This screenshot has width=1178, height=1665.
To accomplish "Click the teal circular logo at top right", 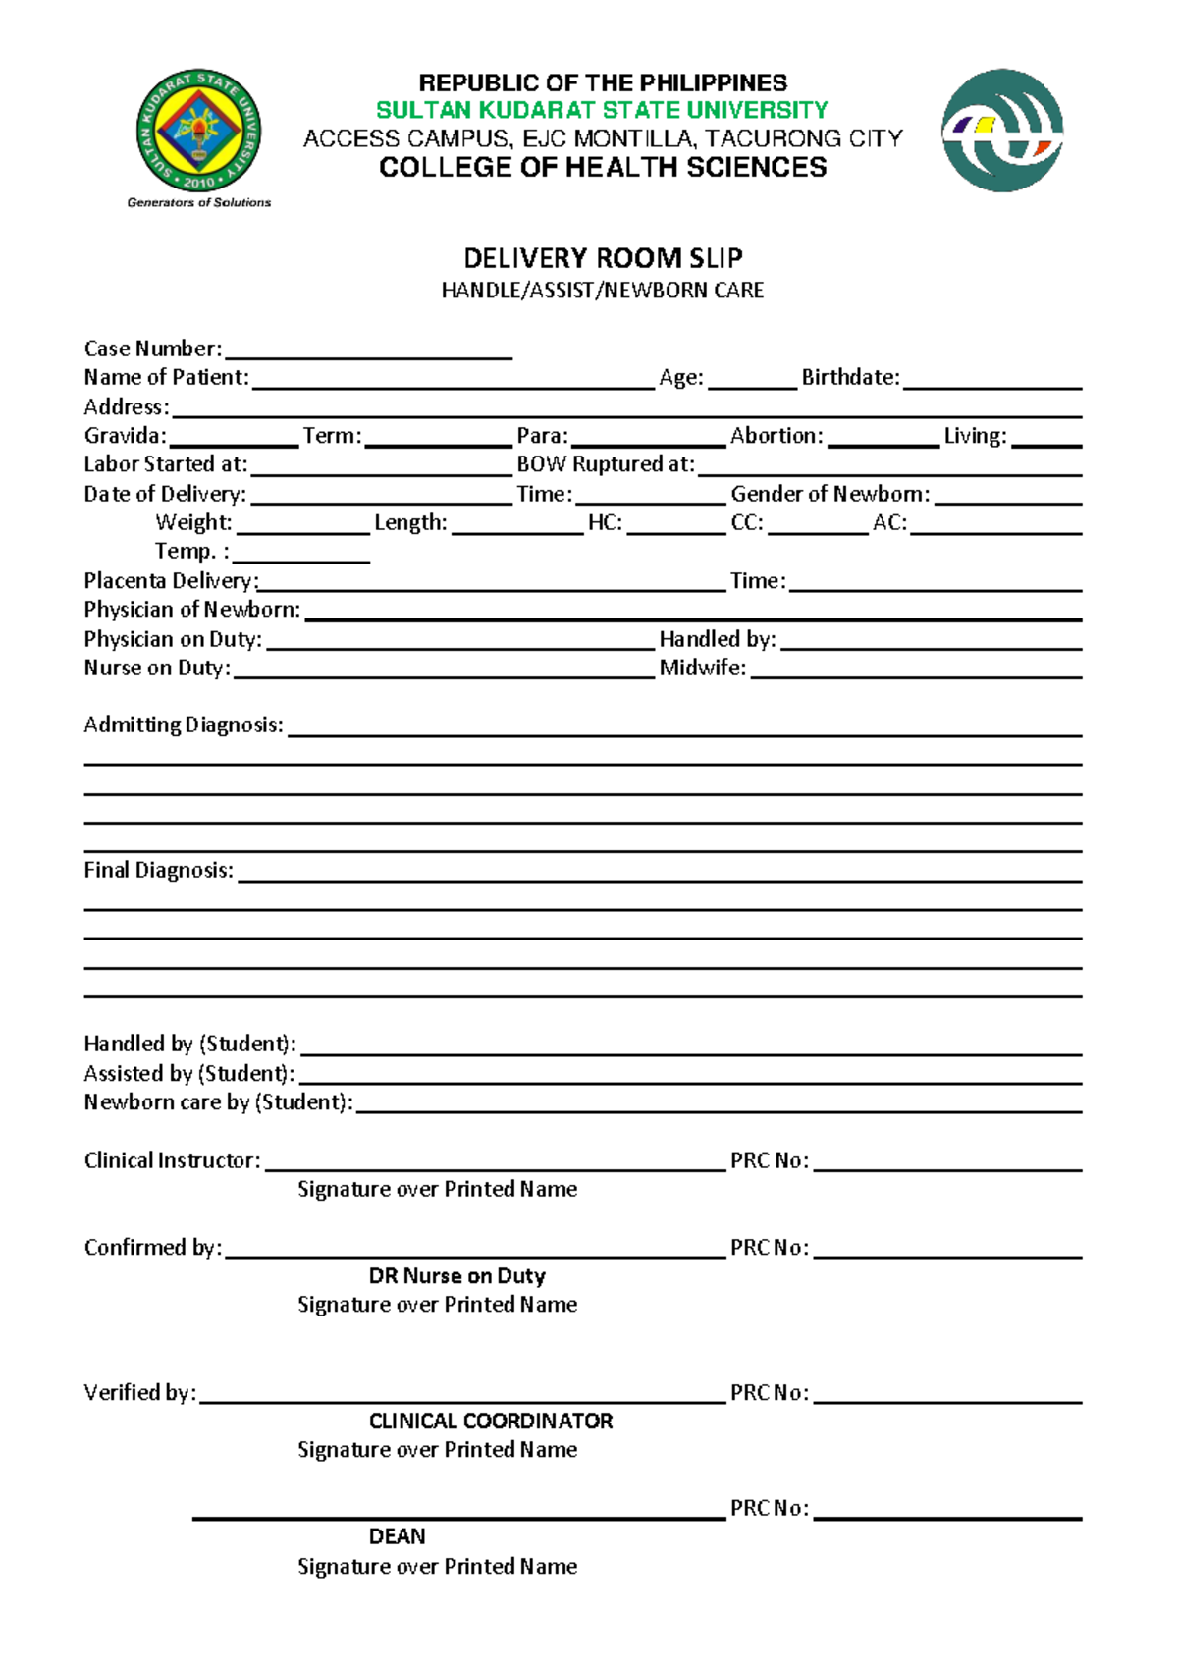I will point(1002,131).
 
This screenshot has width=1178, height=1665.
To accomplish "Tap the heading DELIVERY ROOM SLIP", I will point(603,258).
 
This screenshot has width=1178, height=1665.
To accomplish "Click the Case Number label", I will point(152,349).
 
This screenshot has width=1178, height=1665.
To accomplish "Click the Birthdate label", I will point(850,377).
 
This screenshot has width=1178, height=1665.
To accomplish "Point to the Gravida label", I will point(125,436).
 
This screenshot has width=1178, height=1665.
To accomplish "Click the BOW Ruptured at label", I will point(606,464).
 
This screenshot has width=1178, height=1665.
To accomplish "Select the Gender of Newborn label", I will point(830,494).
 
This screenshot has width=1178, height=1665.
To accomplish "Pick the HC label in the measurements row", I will point(605,523).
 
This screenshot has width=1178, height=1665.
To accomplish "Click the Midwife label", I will point(702,669).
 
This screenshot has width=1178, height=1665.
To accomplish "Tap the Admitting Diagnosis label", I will point(184,725).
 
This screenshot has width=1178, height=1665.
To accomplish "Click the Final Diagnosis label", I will point(158,871).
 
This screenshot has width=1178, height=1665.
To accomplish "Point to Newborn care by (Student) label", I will point(218,1102).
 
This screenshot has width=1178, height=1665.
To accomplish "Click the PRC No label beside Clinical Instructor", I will point(769,1161).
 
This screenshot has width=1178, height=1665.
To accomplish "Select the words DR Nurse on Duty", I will point(456,1276).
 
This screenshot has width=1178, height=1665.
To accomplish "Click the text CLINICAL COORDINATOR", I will point(490,1422).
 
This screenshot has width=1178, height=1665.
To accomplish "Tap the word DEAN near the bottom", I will point(397,1536).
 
